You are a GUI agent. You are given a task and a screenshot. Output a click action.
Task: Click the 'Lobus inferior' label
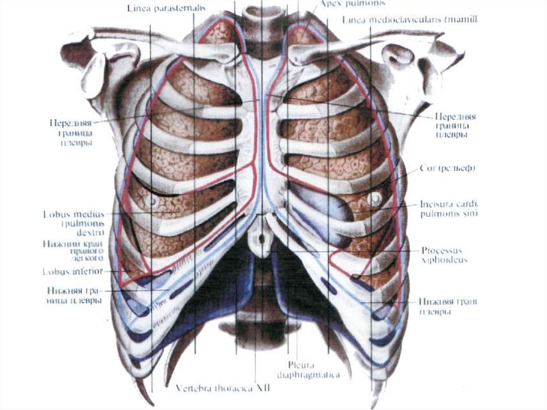pyautogui.click(x=72, y=270)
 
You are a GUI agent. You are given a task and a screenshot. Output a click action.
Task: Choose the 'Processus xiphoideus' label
pyautogui.click(x=444, y=255)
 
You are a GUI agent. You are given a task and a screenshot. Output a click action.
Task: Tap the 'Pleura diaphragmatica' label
pyautogui.click(x=307, y=370)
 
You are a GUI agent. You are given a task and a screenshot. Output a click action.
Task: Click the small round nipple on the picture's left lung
pyautogui.click(x=153, y=202)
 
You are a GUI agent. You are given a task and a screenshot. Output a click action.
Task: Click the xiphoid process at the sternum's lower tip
pyautogui.click(x=261, y=235)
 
